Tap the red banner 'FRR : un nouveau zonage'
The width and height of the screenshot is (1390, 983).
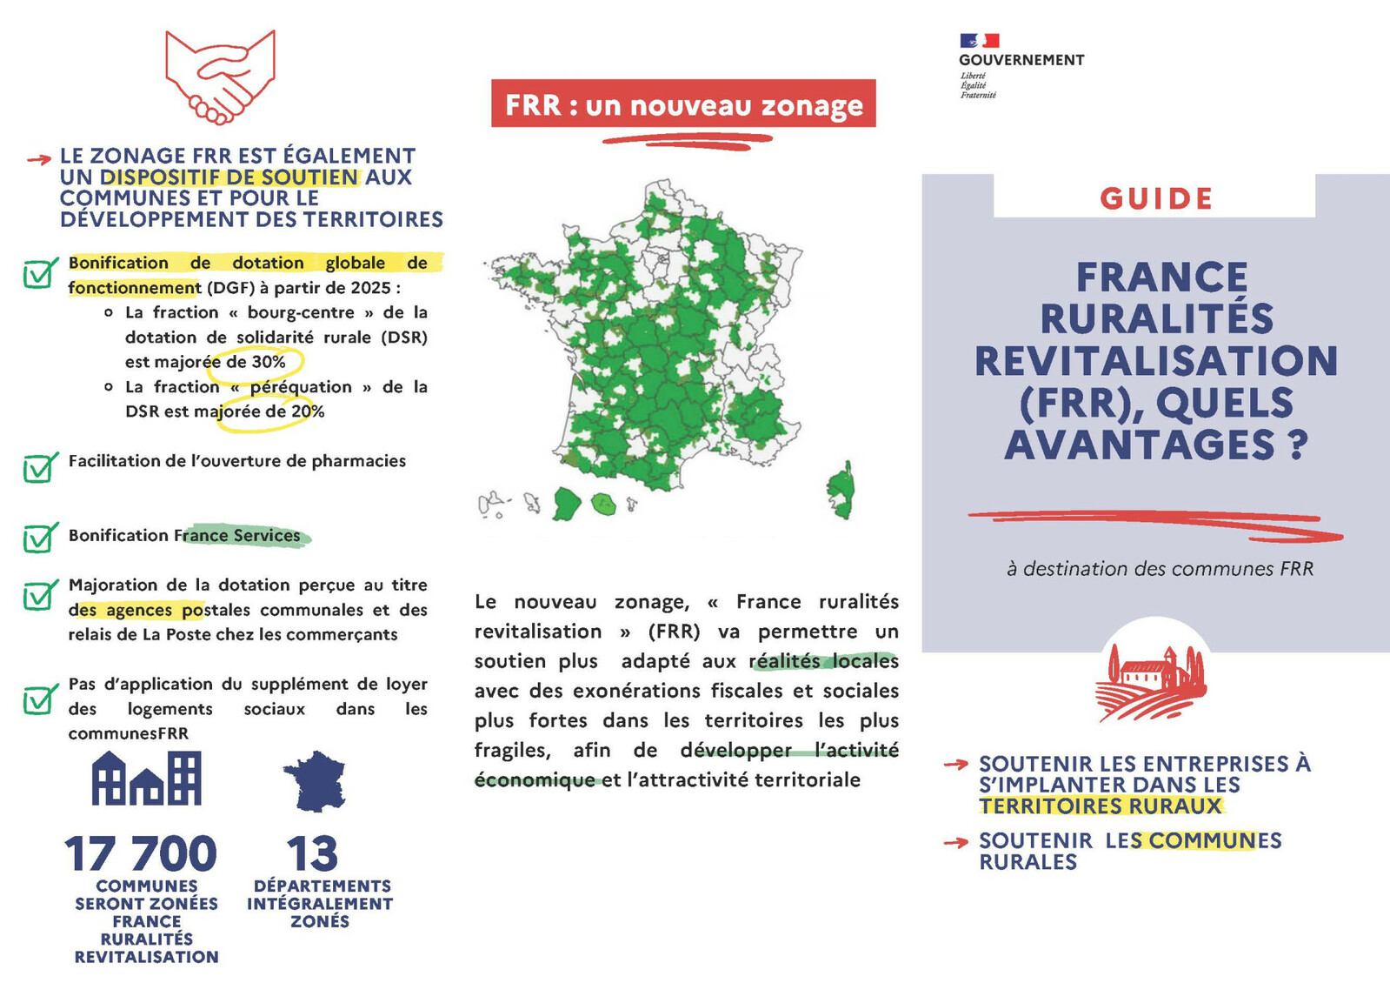683,104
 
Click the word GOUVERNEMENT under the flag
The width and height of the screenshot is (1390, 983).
1021,60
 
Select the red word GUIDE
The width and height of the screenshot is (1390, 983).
1156,198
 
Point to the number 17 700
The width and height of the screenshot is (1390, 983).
141,853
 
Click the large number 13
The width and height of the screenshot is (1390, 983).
312,853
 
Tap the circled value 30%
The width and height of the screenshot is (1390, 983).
268,362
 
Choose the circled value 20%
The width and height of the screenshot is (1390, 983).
307,411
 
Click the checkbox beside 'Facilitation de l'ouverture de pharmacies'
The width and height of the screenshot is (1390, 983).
39,467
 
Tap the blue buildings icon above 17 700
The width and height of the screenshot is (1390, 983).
146,778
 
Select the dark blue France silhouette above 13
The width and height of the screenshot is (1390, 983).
316,780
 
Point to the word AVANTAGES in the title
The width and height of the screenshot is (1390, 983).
1139,445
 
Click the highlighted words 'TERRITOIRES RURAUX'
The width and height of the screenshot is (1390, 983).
1101,806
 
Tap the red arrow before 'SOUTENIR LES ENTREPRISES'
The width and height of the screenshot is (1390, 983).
956,765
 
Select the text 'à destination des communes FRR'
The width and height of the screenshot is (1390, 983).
1160,569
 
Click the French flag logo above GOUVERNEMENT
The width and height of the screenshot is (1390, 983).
979,40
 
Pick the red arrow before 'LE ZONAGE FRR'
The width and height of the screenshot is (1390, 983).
39,159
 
